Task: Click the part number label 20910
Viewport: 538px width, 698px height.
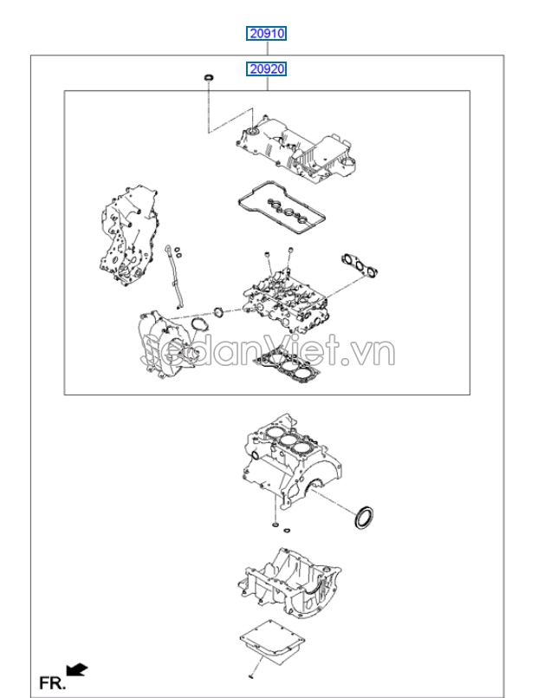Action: [266, 35]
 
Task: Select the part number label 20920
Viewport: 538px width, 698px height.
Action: [266, 68]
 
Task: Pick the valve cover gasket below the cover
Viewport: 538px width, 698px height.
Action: [281, 207]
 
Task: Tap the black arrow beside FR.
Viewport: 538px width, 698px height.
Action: [77, 667]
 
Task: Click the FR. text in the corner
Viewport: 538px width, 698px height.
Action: [53, 682]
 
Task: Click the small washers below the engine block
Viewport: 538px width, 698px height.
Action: [275, 525]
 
